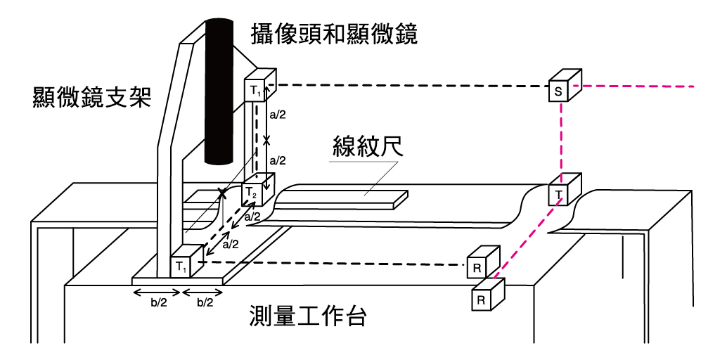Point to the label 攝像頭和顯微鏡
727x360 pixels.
(x=334, y=33)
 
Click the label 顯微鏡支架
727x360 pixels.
(x=92, y=96)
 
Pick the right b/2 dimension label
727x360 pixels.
(x=204, y=304)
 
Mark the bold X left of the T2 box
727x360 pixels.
(x=222, y=192)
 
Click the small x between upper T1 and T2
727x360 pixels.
(x=266, y=140)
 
